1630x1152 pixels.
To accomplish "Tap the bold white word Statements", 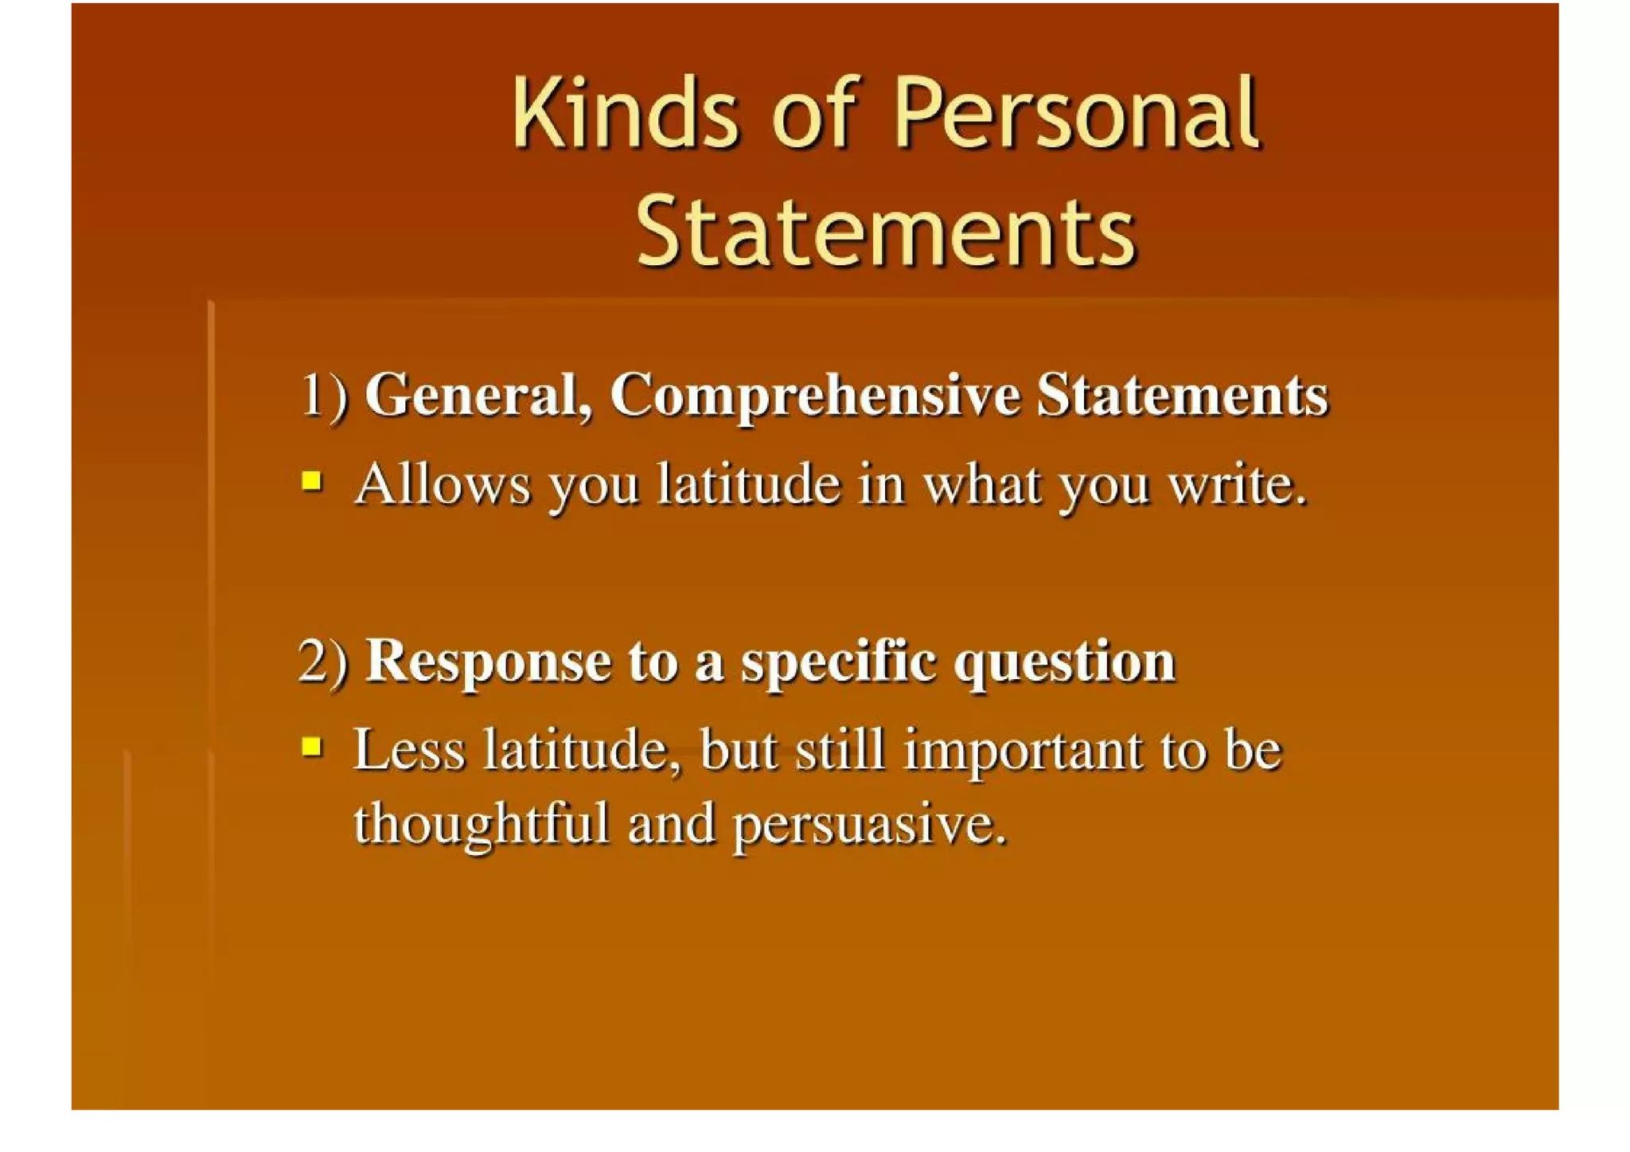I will tap(1182, 396).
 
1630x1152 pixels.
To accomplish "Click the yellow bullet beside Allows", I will tap(312, 481).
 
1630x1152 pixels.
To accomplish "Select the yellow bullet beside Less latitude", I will tap(312, 747).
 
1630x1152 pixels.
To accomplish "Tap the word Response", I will tap(487, 662).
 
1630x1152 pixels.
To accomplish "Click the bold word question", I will tap(1064, 662).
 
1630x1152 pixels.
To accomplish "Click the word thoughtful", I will tap(482, 823).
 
